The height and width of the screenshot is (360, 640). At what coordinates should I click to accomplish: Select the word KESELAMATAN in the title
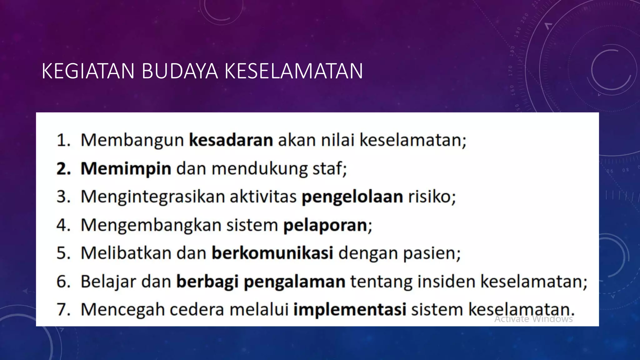click(293, 71)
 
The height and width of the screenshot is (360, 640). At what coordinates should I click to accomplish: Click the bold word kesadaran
click(231, 140)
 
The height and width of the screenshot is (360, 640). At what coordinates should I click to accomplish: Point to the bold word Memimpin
click(126, 168)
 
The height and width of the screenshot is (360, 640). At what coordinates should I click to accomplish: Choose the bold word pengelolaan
click(352, 197)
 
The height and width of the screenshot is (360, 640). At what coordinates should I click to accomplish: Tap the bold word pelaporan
click(325, 225)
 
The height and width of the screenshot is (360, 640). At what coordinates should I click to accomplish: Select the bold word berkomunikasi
click(272, 253)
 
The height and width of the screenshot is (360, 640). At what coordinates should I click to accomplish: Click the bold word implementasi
click(350, 309)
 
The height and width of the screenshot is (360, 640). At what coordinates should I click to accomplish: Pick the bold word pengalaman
click(294, 281)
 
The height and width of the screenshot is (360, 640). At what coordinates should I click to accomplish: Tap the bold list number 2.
click(63, 169)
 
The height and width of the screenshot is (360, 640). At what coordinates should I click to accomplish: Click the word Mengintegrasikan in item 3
click(153, 197)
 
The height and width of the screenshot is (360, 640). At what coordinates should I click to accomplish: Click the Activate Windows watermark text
click(533, 319)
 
